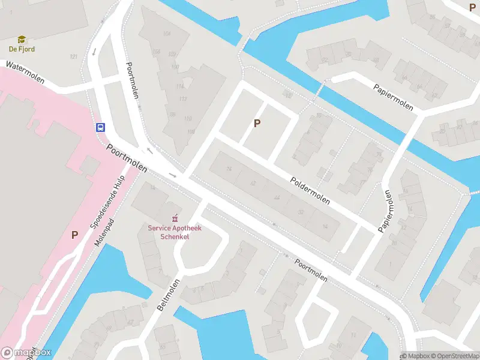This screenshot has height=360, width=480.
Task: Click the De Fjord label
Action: (22, 49)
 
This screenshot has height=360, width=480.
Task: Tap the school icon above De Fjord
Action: (22, 40)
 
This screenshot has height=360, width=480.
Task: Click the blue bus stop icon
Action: (101, 127)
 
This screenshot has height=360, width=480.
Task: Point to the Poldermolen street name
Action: (310, 191)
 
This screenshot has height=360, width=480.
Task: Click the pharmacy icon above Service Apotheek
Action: (175, 218)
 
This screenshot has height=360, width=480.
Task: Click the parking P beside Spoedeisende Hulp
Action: (75, 235)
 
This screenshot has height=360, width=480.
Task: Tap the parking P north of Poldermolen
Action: (257, 124)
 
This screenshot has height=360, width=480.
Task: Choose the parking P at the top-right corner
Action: (472, 7)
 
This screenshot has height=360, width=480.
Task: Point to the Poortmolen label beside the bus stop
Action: (127, 158)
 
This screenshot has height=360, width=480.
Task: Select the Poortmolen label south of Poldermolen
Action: (311, 270)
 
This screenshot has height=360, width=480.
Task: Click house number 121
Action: (74, 56)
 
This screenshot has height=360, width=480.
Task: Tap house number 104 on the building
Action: (167, 34)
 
